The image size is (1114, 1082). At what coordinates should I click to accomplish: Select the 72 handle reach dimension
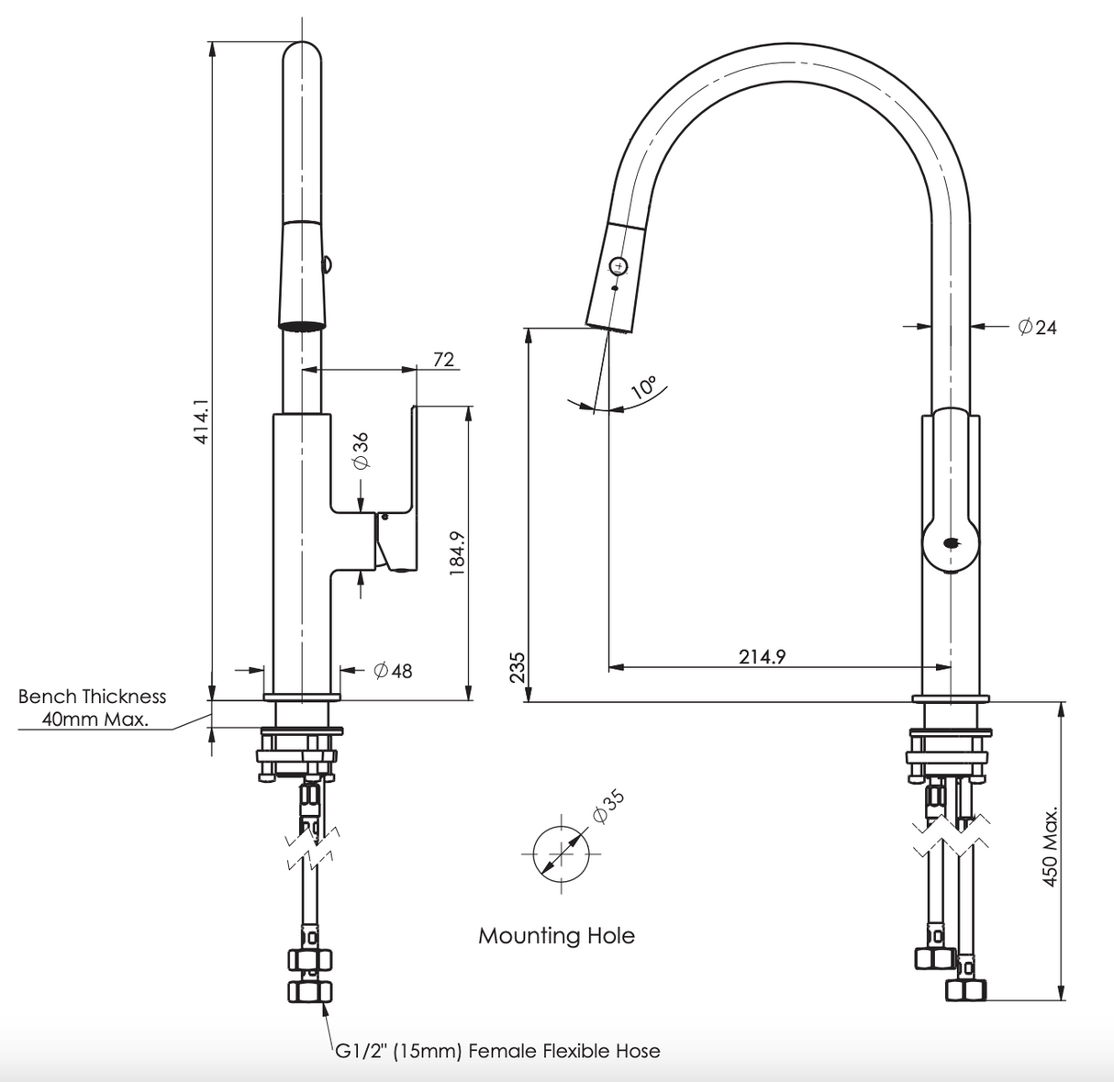coord(443,359)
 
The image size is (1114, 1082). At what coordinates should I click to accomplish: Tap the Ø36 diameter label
coord(361,451)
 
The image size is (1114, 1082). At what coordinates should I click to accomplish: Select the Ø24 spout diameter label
coord(1037,326)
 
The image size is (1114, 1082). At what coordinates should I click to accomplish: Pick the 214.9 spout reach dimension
coord(762,656)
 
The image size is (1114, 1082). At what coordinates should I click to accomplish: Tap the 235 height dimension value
coord(517,667)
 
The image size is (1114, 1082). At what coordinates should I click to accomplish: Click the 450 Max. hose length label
coord(1051,846)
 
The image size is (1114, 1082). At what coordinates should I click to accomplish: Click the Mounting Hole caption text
coord(556,936)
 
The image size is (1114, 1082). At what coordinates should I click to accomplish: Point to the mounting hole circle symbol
coord(560,853)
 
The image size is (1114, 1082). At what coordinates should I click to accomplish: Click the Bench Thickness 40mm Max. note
coord(93,708)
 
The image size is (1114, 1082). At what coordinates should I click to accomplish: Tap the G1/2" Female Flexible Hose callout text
coord(496,1051)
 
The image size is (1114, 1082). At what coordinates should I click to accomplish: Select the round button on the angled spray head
coord(618,265)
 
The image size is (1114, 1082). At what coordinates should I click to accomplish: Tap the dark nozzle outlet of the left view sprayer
coord(302,324)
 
